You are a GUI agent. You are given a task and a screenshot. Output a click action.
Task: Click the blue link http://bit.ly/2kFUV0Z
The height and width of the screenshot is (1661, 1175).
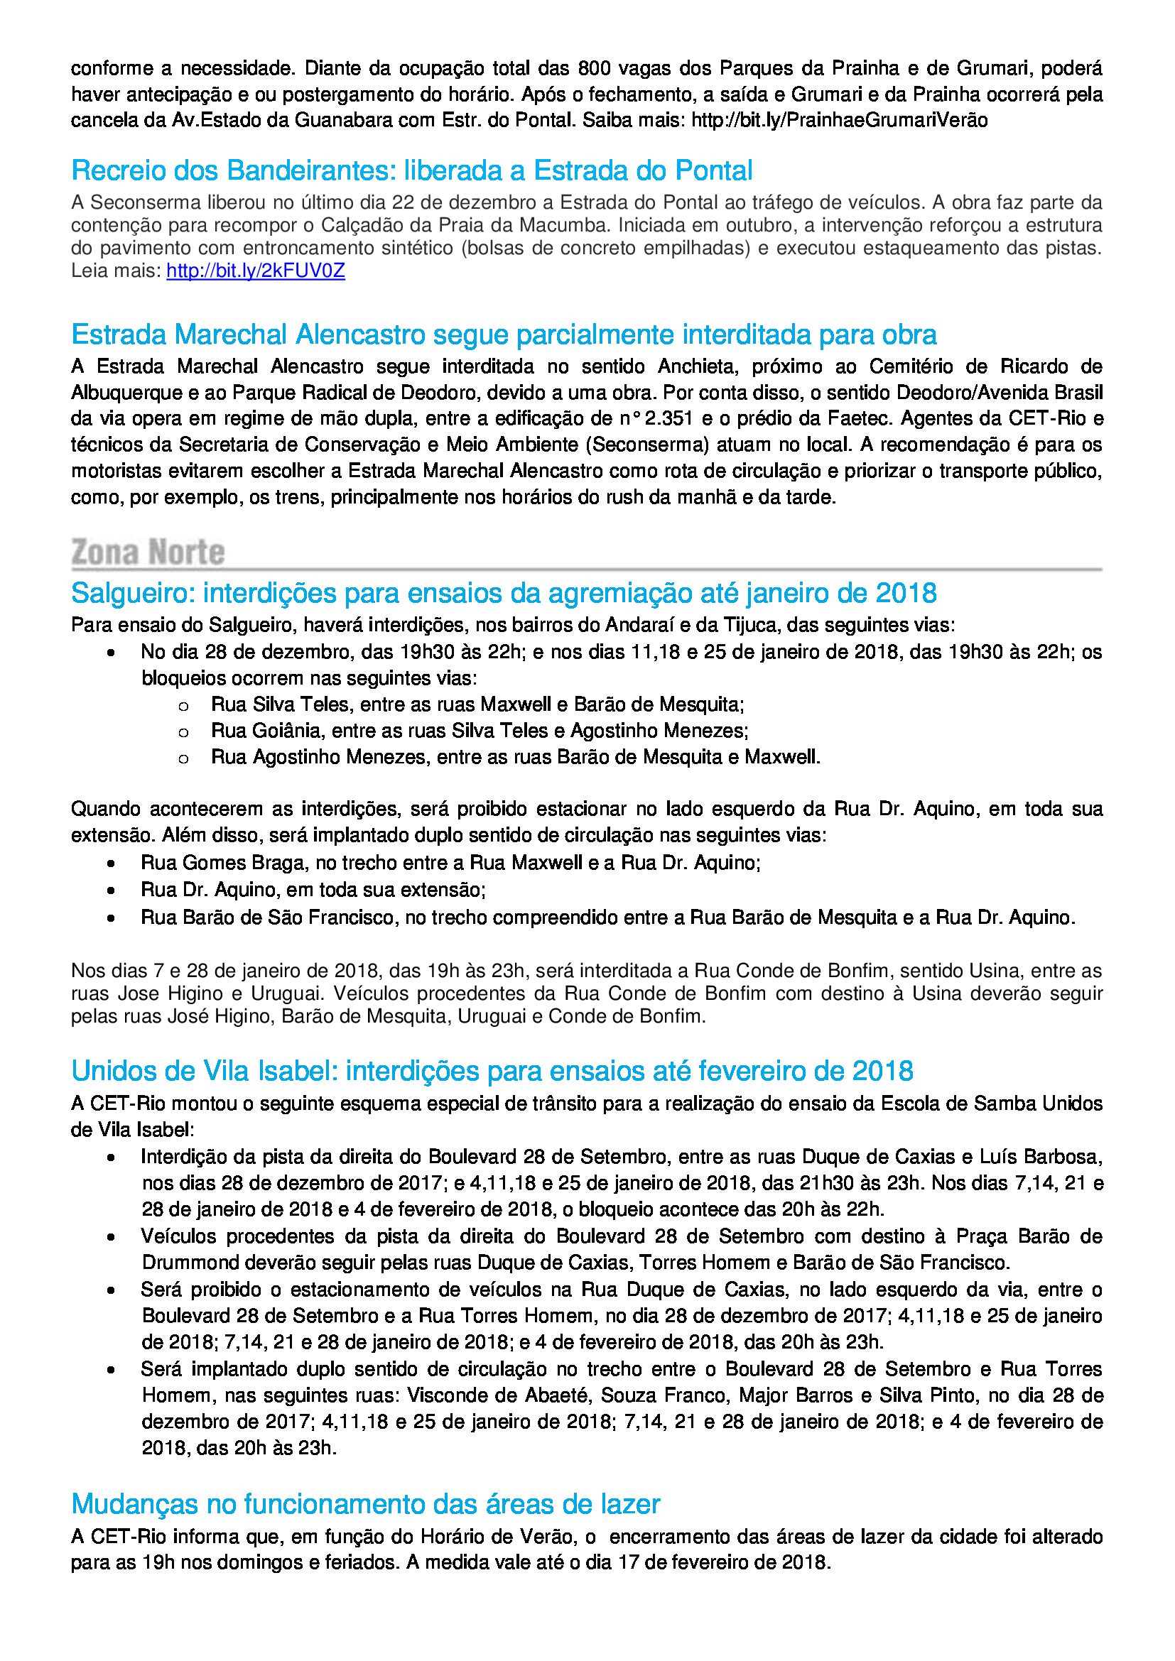256,271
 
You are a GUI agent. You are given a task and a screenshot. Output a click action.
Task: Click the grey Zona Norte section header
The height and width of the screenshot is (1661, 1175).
148,552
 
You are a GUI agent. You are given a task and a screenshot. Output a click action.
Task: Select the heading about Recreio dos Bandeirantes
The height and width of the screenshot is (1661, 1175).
412,170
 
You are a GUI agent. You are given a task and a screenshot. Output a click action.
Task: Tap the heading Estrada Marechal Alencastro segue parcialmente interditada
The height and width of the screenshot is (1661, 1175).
504,334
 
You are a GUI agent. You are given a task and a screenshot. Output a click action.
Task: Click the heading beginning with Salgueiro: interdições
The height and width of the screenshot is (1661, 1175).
504,593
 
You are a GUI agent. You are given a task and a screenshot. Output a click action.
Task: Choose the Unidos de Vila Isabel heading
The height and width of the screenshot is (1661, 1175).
492,1070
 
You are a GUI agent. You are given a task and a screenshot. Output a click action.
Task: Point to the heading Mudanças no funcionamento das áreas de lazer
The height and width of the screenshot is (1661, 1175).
365,1504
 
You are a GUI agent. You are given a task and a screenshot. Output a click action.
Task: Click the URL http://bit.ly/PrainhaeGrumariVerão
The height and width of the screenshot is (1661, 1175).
839,120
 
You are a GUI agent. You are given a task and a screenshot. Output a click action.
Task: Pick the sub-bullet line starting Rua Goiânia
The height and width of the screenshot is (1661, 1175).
479,731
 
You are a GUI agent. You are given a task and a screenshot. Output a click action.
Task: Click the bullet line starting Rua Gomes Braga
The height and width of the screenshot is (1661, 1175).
450,862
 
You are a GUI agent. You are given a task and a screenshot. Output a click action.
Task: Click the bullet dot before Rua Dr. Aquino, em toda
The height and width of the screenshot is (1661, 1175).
111,891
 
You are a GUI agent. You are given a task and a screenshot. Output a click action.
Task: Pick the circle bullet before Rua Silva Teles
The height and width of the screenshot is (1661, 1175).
184,705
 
